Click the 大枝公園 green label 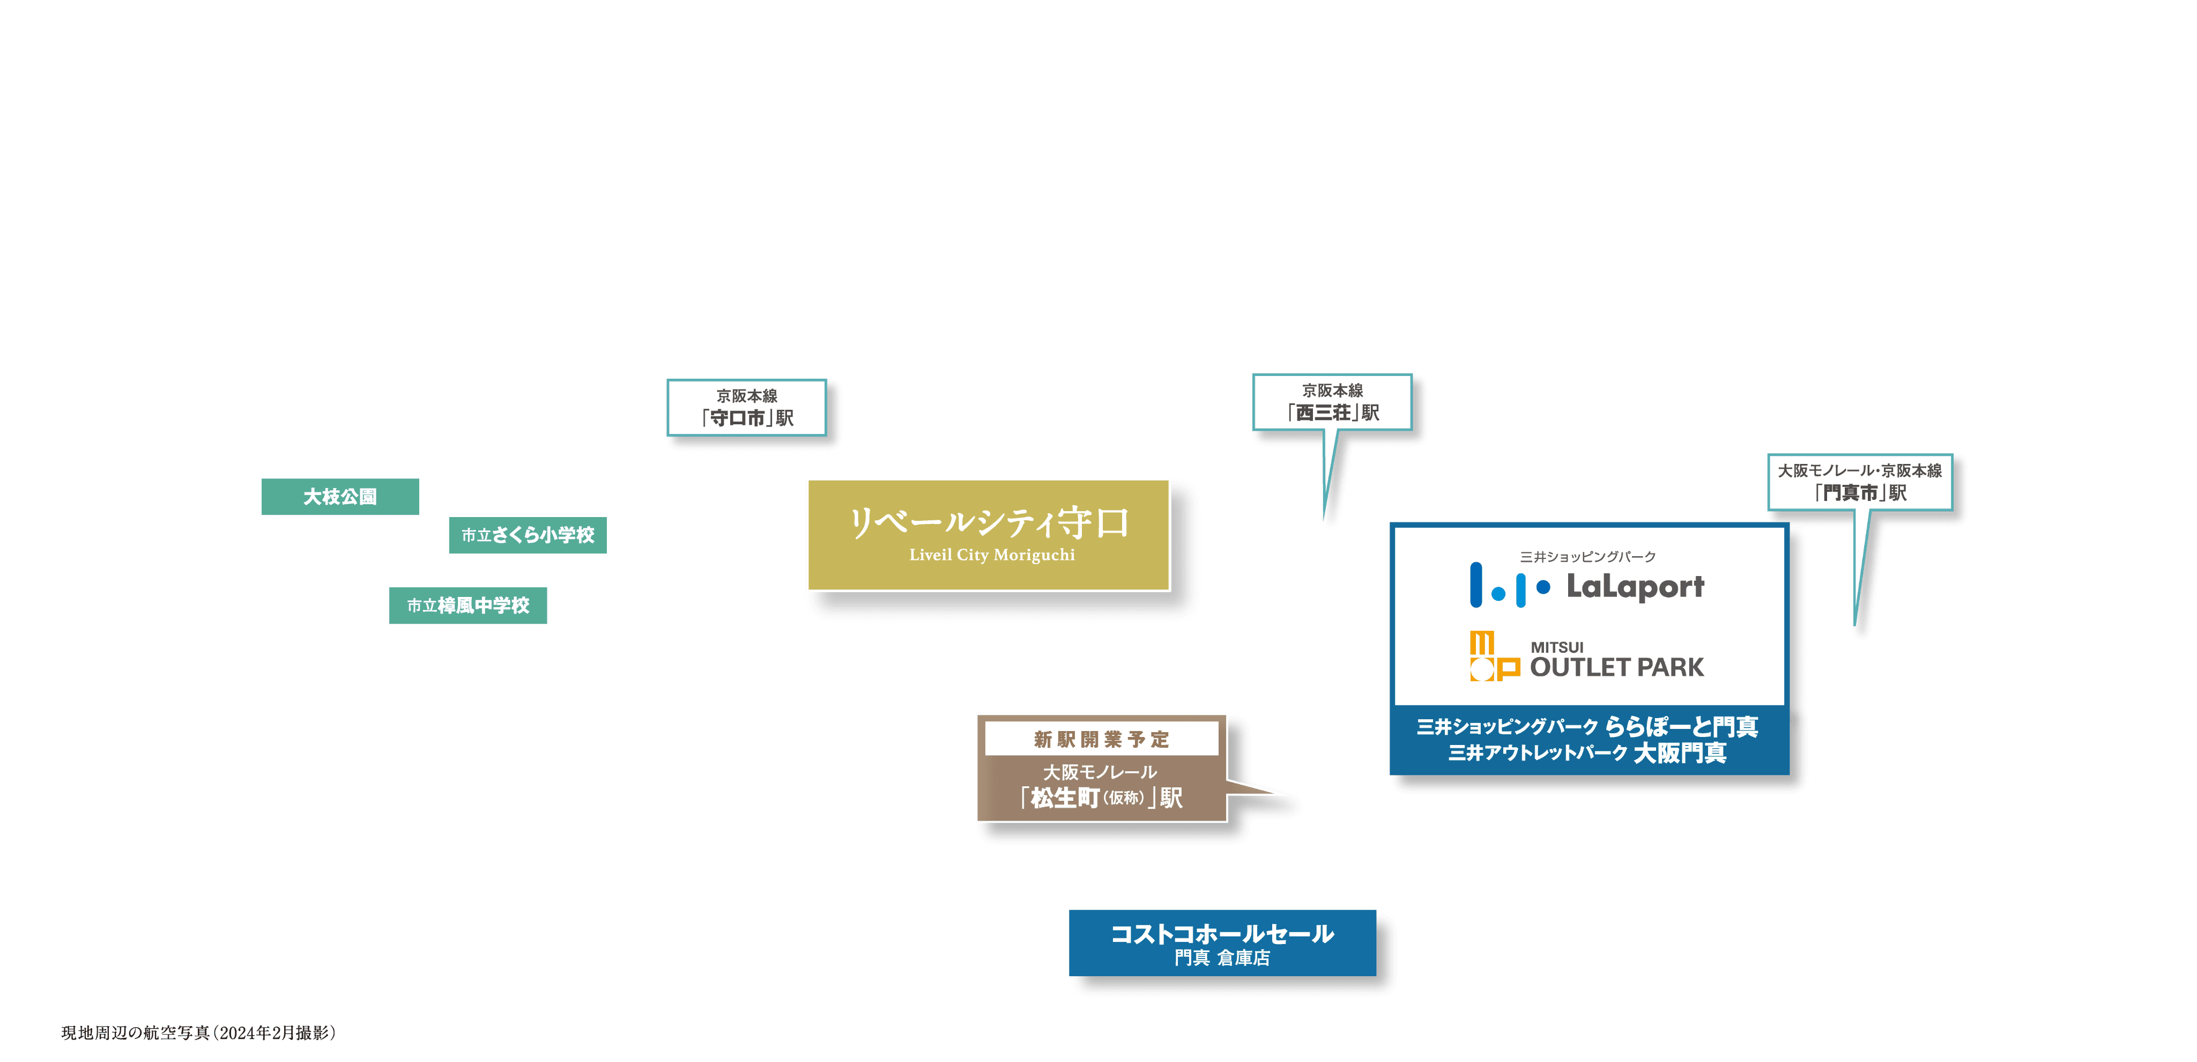(340, 497)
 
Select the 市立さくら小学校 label (528, 535)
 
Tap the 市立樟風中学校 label (468, 606)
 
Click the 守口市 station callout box (746, 408)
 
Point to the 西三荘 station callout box (1332, 402)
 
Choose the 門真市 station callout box (1860, 482)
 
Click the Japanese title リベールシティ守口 (989, 521)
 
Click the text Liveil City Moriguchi (992, 555)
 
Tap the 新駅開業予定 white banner (1101, 739)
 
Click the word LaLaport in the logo (1635, 587)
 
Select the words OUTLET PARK (1617, 667)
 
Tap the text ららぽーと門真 (1681, 727)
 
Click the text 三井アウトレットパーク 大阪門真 (1587, 753)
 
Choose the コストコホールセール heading (1222, 934)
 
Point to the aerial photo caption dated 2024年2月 (199, 1033)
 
